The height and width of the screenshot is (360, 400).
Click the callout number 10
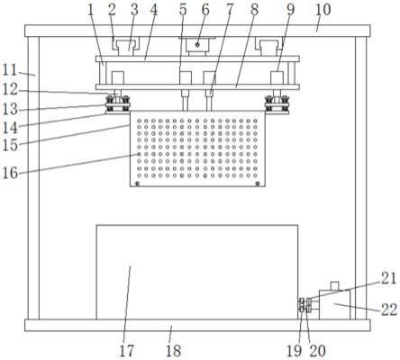323,10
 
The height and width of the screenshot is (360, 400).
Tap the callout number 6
205,10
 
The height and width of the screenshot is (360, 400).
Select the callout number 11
10,70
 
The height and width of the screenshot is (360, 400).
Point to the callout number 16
10,173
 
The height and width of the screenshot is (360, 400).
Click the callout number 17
127,351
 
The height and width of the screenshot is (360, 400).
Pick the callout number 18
173,351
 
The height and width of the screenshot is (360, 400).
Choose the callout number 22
389,310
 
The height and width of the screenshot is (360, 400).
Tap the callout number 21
389,279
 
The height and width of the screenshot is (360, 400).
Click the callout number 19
294,351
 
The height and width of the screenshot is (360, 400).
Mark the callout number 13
10,110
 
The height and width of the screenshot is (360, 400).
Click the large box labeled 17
197,272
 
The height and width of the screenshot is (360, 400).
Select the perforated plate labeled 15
197,148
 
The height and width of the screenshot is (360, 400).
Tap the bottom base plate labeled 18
197,325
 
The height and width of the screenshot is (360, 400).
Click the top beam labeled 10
197,31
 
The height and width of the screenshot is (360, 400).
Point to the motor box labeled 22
334,304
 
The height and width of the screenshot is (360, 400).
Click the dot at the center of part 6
197,45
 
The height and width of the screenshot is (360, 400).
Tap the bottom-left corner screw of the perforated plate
137,184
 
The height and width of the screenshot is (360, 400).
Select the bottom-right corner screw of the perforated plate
258,184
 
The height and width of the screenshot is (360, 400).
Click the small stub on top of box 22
334,285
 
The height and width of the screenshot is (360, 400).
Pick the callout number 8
254,10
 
